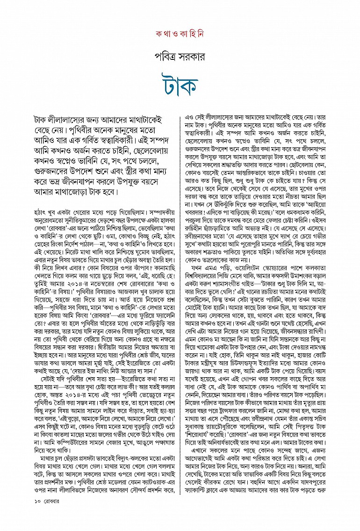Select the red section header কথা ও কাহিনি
coord(180,35)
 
